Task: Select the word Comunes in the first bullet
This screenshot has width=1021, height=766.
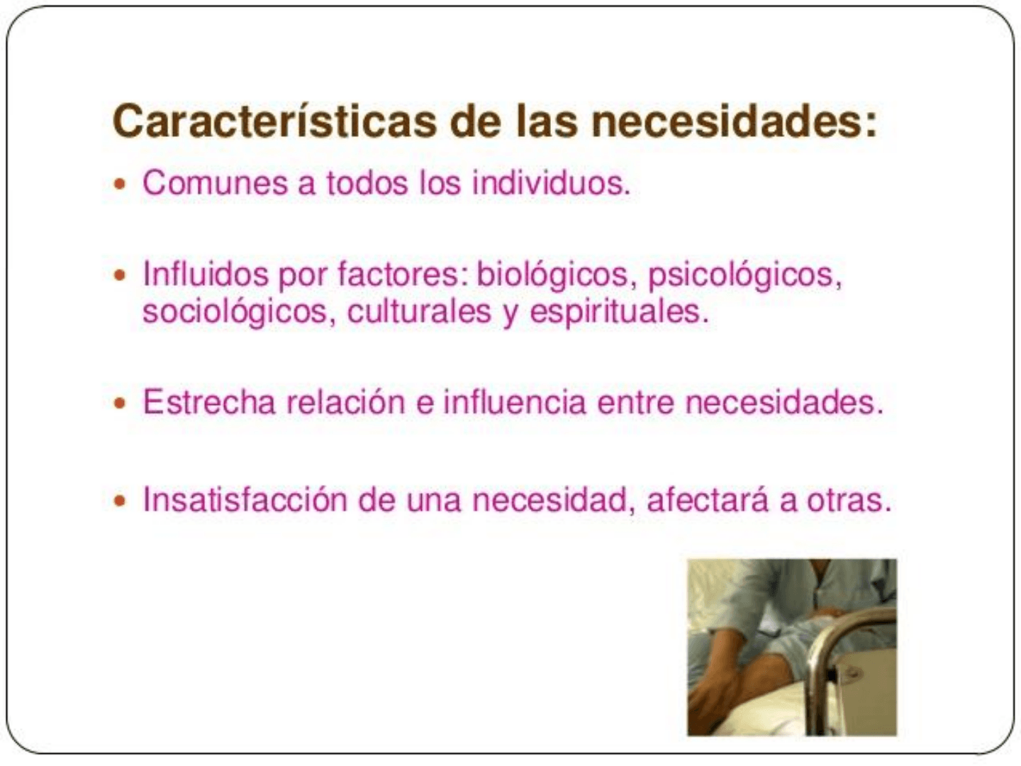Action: (x=216, y=183)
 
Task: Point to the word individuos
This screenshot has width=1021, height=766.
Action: (x=551, y=183)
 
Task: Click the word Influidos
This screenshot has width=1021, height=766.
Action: (x=206, y=274)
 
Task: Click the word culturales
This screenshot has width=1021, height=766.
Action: (x=419, y=311)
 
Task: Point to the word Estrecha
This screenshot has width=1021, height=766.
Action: (x=209, y=402)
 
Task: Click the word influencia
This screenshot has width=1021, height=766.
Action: (x=514, y=402)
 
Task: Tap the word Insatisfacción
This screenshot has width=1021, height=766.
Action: (x=245, y=500)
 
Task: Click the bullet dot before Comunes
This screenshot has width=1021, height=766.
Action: (x=120, y=184)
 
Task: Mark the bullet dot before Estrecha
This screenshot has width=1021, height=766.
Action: (x=120, y=403)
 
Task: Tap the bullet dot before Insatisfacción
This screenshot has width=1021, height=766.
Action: (x=120, y=501)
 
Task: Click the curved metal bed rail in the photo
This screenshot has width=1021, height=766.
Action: (x=832, y=651)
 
